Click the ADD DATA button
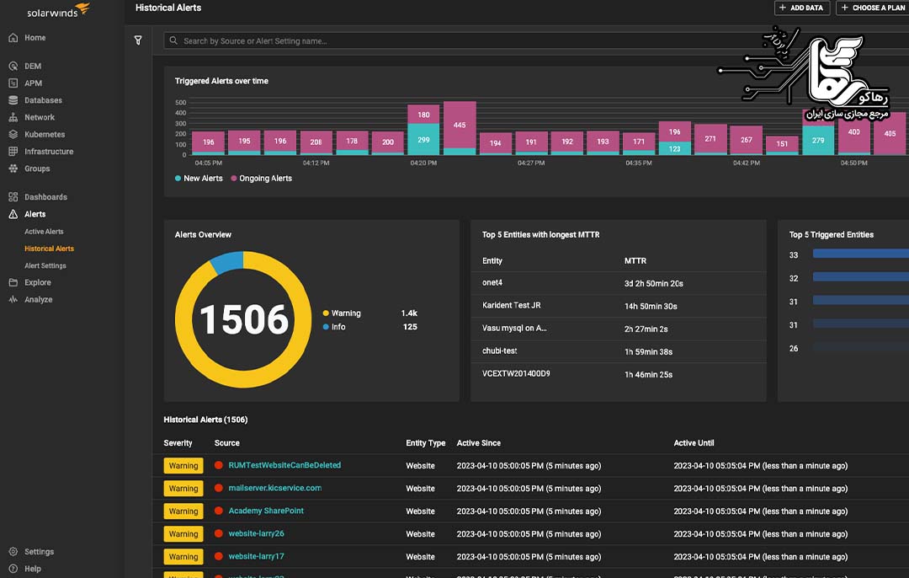(x=801, y=8)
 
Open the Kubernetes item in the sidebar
(x=44, y=134)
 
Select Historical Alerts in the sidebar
(x=49, y=249)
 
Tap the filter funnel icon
(x=138, y=40)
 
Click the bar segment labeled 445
(x=460, y=125)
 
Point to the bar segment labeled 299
(x=423, y=140)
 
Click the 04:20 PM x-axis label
(x=423, y=163)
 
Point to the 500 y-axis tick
(x=180, y=103)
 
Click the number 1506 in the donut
(x=243, y=319)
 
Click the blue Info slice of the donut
(x=226, y=262)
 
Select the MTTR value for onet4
(x=653, y=284)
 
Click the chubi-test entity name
(x=501, y=351)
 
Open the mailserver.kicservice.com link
(x=274, y=488)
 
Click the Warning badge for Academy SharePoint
(x=183, y=511)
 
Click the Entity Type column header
(x=425, y=443)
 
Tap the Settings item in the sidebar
(x=39, y=552)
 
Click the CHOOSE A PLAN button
(x=874, y=8)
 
